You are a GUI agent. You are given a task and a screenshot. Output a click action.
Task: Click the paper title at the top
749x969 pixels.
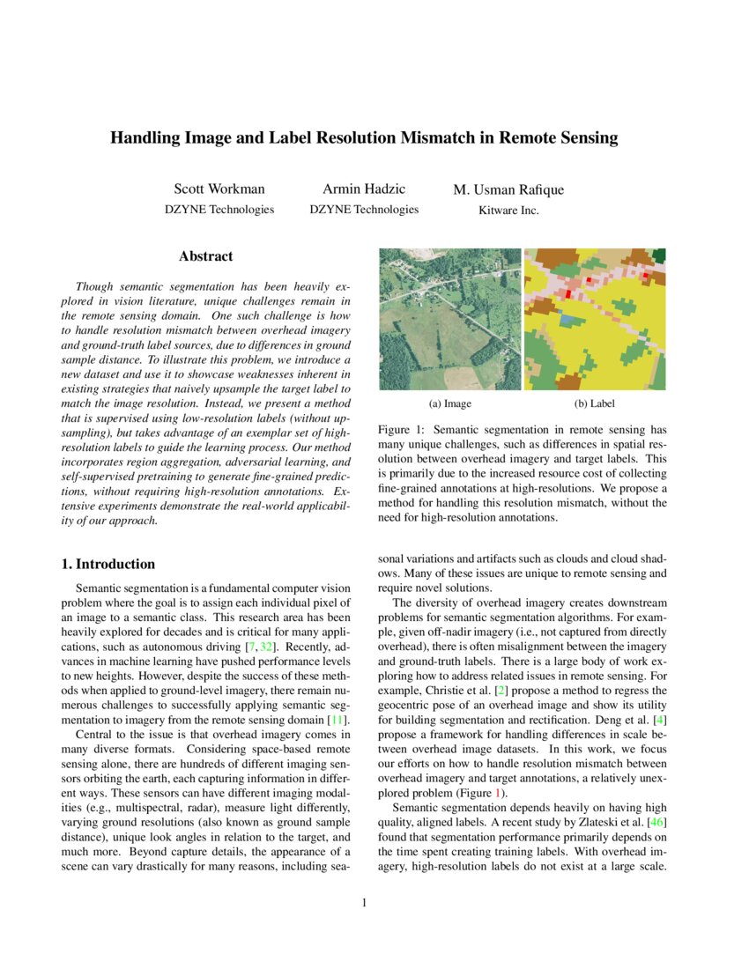click(x=364, y=138)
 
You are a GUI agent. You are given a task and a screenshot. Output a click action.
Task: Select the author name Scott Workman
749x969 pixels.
click(x=219, y=189)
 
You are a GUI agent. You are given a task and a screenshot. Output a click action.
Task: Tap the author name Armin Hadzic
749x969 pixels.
click(x=364, y=189)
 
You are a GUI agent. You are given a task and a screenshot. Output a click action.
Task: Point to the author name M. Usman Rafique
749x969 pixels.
click(x=508, y=190)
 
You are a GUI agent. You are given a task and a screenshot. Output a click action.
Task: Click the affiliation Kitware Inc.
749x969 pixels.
click(x=508, y=211)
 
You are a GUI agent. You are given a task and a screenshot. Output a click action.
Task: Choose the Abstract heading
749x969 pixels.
click(x=205, y=256)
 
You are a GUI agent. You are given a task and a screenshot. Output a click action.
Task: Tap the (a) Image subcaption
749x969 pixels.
click(x=449, y=403)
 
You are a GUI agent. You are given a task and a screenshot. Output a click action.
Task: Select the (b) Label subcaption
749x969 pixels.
click(x=594, y=403)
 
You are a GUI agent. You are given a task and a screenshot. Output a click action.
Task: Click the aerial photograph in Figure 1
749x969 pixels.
click(x=449, y=319)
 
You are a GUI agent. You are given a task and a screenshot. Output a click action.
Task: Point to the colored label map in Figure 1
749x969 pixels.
click(x=596, y=319)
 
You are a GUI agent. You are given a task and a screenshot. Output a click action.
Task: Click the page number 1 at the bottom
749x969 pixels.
click(x=364, y=903)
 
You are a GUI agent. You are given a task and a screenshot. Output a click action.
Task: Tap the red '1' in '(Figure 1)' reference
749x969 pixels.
click(x=502, y=792)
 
